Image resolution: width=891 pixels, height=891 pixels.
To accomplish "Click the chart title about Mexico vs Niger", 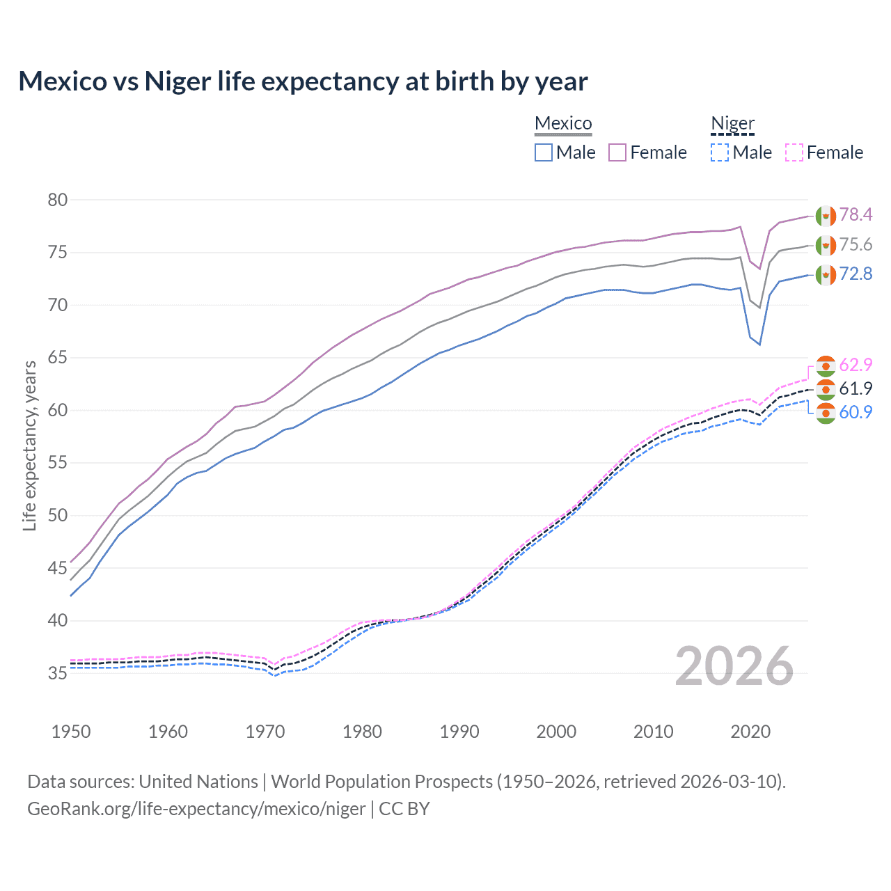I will point(303,81).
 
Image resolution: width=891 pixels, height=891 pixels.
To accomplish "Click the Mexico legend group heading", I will point(563,123).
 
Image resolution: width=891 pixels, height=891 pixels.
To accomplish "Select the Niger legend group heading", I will point(732,123).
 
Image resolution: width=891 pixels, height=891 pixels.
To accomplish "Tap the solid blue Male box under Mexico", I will point(544,152).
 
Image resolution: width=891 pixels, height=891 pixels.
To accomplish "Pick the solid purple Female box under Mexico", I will point(617,152).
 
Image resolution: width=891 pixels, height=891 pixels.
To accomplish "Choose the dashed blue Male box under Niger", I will point(720,152).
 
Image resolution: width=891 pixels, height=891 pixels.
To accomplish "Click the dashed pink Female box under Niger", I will point(794,152).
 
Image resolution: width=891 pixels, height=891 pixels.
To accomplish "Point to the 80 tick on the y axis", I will point(57,200).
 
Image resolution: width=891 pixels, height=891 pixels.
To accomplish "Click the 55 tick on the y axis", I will point(57,463).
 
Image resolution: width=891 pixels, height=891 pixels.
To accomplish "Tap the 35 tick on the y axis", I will point(57,673).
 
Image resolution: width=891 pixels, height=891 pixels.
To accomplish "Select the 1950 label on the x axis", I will point(71,732).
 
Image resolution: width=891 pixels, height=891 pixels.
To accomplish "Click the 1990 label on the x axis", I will point(459,732).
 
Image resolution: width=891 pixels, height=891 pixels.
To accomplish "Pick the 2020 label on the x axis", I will point(750,732).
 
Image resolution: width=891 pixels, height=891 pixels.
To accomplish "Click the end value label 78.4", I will point(855,214).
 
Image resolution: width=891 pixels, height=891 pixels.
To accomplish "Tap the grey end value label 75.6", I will point(855,244).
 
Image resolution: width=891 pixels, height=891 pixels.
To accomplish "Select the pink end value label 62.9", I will point(855,365).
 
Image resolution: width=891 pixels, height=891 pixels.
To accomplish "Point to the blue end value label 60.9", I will point(855,412).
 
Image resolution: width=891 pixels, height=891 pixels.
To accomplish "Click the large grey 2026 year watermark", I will point(734,666).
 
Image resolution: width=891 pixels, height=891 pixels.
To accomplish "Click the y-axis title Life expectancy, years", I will point(29,445).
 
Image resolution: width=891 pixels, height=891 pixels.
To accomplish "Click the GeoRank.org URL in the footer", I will point(196,809).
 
